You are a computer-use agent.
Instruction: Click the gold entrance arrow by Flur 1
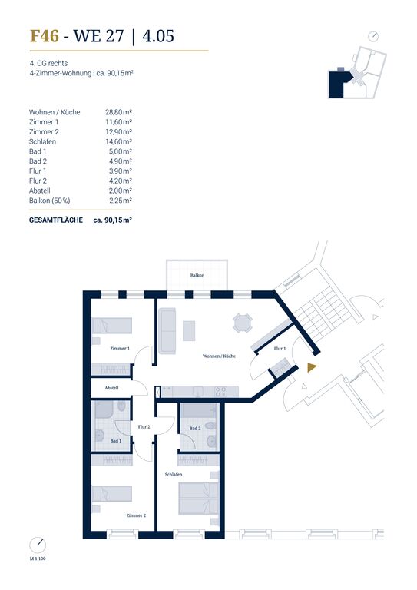point(311,368)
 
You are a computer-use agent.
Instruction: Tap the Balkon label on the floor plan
point(197,276)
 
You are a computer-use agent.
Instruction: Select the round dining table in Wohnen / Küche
point(243,323)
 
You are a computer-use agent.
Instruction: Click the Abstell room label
point(111,388)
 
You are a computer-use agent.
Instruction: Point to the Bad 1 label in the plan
point(116,441)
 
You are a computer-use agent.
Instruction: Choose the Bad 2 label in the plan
point(195,428)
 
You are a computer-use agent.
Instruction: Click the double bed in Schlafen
point(199,499)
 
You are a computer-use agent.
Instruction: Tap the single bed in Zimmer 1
point(112,326)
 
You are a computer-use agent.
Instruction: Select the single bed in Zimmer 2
point(112,494)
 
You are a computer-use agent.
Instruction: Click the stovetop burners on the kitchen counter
point(220,392)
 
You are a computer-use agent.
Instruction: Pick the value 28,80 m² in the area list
point(118,112)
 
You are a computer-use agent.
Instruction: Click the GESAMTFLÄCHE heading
point(56,220)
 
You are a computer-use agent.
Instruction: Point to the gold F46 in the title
point(45,36)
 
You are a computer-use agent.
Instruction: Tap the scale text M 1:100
point(38,559)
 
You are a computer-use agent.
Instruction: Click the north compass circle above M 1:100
point(38,545)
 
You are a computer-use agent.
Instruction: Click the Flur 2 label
point(144,426)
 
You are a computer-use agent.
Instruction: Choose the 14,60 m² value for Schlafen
point(118,141)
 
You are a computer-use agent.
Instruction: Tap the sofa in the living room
point(167,331)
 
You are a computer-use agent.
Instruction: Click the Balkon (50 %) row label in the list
point(50,201)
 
